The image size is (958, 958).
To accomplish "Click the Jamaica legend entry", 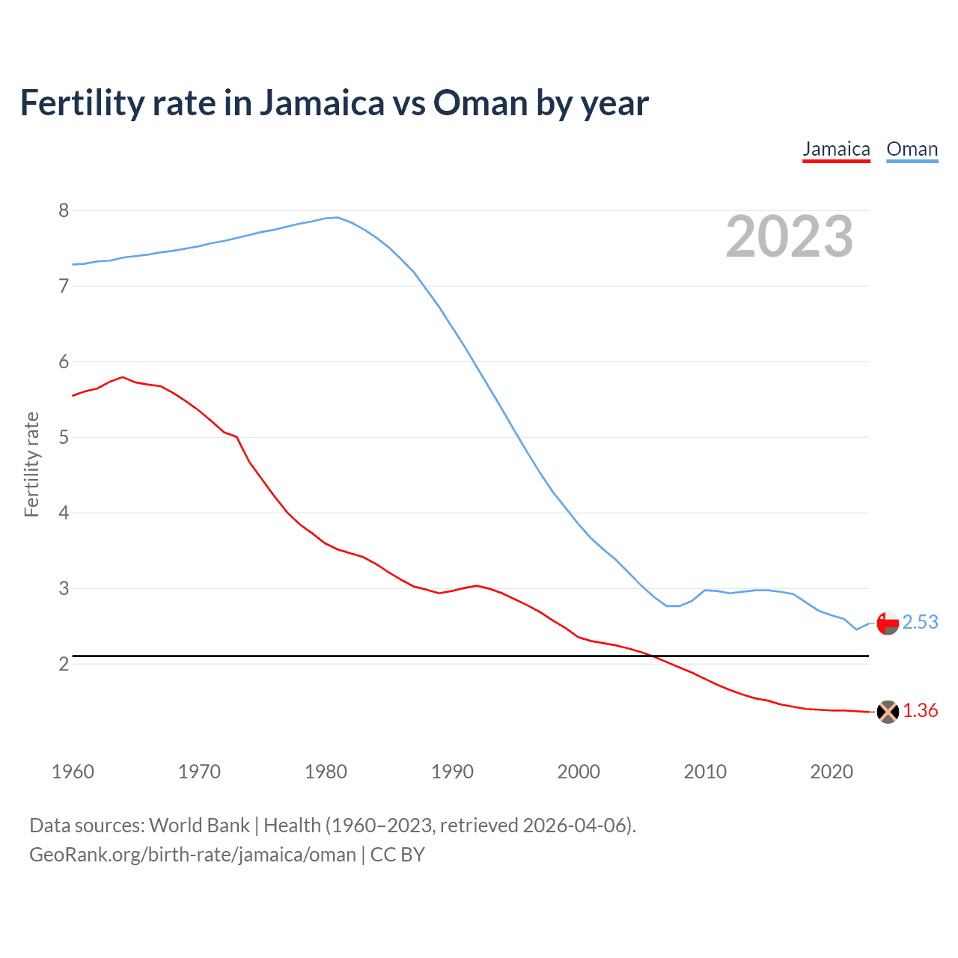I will click(x=836, y=149).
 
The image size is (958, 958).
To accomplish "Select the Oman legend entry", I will click(x=912, y=149).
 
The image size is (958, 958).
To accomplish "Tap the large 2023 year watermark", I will click(x=790, y=237).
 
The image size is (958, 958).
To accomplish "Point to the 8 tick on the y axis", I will click(x=64, y=210).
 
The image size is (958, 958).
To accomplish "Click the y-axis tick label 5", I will click(x=64, y=437).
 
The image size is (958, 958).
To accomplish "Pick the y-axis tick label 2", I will click(x=64, y=664).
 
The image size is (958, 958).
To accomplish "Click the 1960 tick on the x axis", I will click(x=73, y=772).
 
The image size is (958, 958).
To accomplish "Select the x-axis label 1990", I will click(x=452, y=772).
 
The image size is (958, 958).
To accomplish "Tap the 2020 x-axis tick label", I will click(x=832, y=772).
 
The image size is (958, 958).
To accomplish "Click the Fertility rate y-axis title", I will click(x=31, y=464).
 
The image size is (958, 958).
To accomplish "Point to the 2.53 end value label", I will click(x=920, y=622).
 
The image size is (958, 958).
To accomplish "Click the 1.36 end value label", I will click(x=920, y=710).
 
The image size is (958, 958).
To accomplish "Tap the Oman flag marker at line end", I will click(x=888, y=623).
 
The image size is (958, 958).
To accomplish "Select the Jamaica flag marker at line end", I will click(x=888, y=712).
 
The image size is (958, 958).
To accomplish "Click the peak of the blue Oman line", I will click(x=337, y=217).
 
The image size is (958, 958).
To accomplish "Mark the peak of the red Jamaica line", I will click(x=123, y=377).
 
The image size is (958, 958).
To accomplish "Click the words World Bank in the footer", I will click(x=199, y=825).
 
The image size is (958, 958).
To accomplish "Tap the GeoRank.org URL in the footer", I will click(x=192, y=854).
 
